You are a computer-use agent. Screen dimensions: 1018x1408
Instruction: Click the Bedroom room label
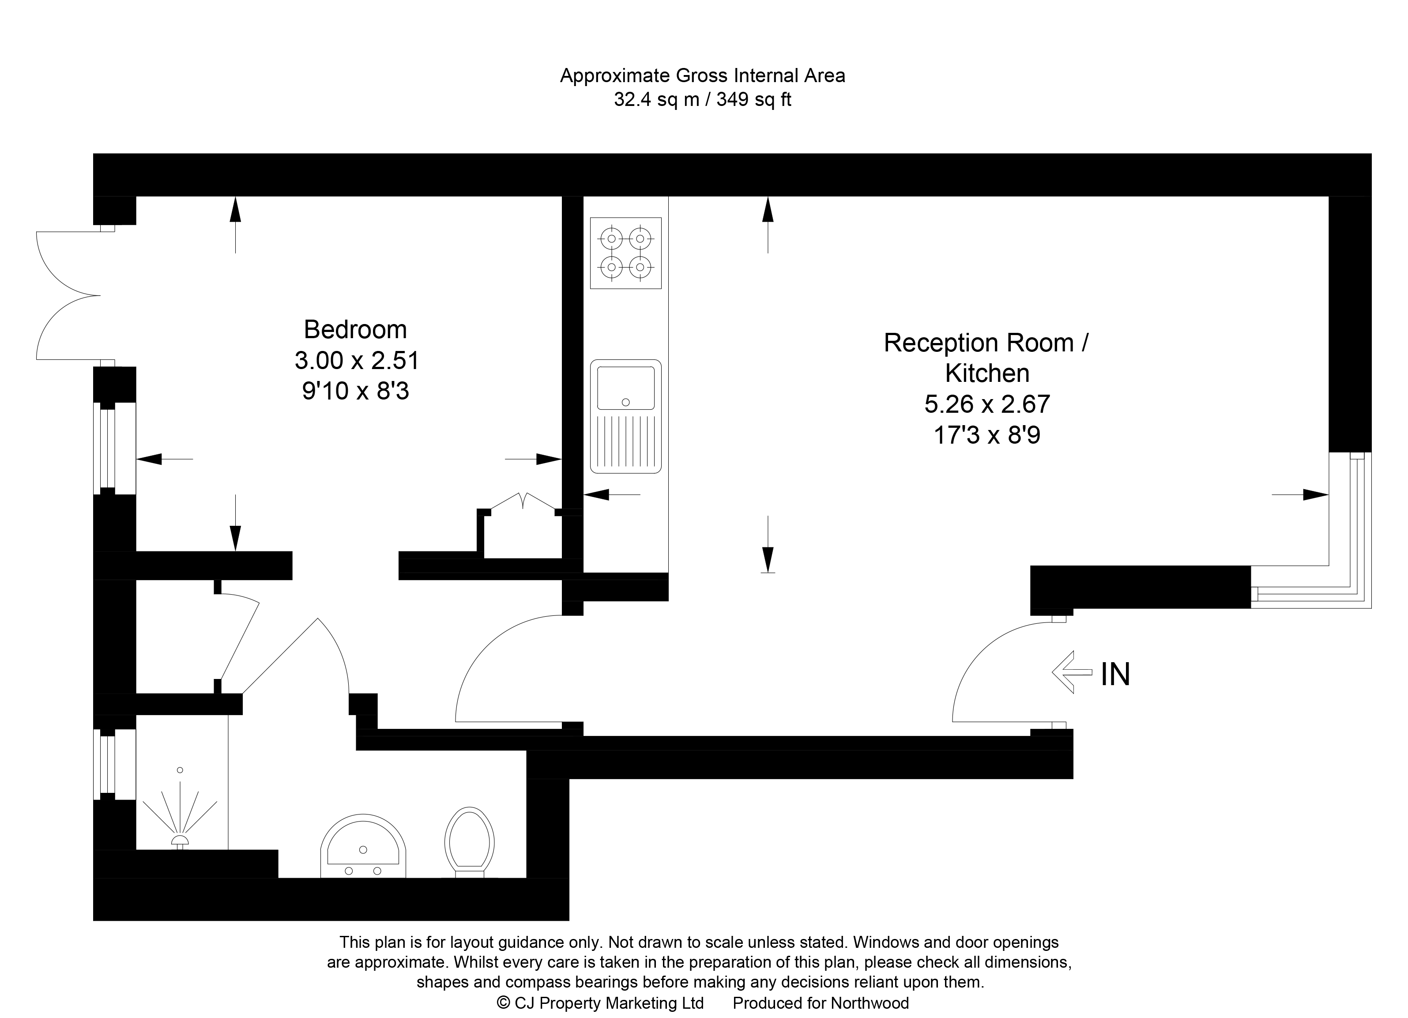(355, 330)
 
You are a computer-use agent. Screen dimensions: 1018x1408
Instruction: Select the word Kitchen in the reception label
(987, 373)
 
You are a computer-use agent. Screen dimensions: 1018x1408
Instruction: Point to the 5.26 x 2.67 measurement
(987, 404)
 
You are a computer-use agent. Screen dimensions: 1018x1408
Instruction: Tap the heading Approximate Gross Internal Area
(702, 76)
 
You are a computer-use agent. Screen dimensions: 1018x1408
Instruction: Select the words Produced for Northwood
(820, 1003)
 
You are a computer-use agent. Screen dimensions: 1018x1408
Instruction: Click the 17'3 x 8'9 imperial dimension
(987, 435)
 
